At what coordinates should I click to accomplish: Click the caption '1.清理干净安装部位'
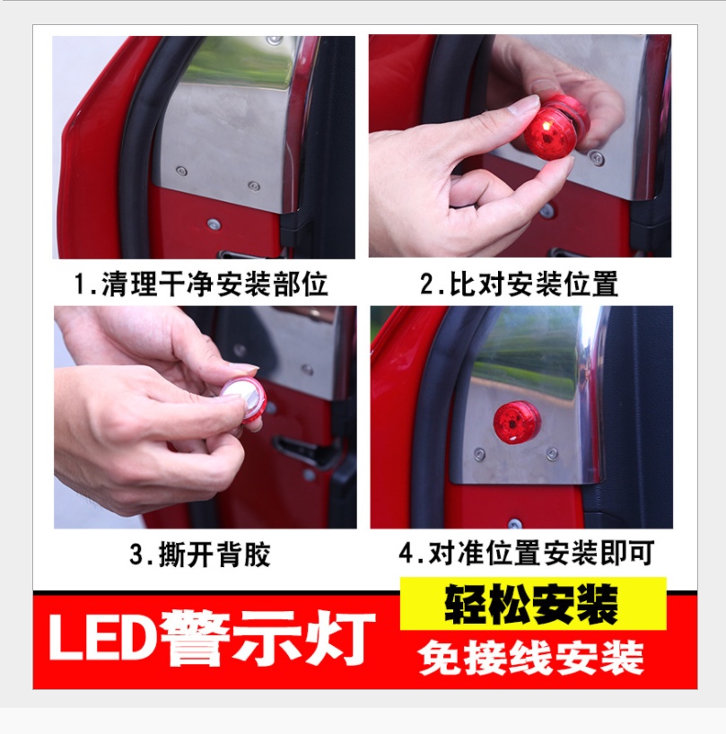coord(201,284)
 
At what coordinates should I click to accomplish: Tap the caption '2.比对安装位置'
coord(519,284)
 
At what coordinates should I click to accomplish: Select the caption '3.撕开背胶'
coord(200,555)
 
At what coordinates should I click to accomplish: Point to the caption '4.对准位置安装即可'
coord(527,553)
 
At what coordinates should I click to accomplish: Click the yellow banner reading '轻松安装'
coord(533,604)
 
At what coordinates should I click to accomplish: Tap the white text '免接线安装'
coord(531,658)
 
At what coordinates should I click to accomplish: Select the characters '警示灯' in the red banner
coord(267,637)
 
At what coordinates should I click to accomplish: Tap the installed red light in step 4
coord(517,422)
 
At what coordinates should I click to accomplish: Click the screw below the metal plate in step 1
coord(214,224)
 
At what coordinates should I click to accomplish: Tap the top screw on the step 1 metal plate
coord(275,40)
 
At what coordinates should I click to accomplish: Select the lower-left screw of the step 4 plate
coord(479,453)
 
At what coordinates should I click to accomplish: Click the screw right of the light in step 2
coord(597,158)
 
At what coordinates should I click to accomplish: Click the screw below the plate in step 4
coord(515,523)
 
